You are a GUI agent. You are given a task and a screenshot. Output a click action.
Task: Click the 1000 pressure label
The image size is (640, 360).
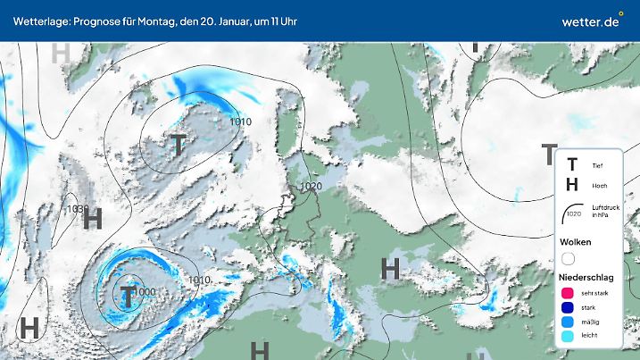point(145,292)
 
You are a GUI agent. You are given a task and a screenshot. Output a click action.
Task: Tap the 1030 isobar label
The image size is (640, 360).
point(78,210)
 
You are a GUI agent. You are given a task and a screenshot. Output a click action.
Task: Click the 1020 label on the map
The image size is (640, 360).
point(311,187)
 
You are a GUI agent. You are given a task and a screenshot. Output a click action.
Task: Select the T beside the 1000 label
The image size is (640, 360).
point(128,294)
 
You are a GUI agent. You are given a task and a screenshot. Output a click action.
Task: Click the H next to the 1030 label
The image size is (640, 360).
point(93,219)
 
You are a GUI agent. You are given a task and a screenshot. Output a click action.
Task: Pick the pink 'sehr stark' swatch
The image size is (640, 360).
point(568,293)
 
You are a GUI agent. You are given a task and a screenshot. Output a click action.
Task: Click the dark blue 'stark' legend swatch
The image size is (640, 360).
point(568,307)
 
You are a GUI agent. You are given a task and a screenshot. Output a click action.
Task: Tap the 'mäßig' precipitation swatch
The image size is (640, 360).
point(568,322)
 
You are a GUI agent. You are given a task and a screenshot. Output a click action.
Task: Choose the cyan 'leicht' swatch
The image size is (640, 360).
point(568,336)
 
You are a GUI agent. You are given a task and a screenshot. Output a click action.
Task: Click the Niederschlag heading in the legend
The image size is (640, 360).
point(586,277)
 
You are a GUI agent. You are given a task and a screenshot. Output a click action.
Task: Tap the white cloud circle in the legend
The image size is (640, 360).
point(568,259)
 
